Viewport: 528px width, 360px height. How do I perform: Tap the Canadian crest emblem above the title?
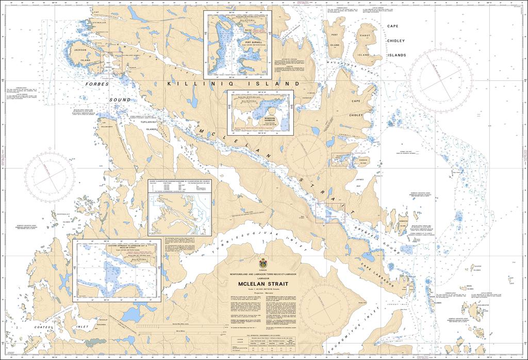click(263, 264)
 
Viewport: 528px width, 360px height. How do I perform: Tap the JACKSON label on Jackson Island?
click(80, 50)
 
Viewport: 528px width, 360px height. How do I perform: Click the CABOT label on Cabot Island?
click(365, 36)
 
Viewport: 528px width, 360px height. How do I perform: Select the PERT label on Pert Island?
click(335, 36)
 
